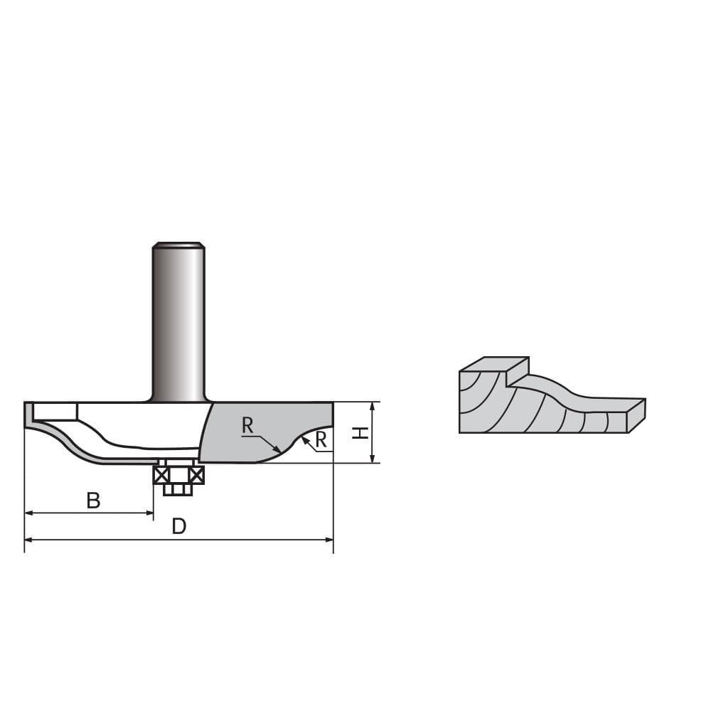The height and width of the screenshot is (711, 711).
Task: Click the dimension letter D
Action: [x=179, y=527]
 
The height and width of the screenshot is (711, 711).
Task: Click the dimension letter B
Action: [x=93, y=501]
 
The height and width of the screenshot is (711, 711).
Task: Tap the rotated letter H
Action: [x=362, y=432]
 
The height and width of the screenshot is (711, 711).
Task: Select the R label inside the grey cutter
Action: [x=247, y=426]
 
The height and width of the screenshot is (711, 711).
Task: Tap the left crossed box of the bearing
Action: [x=161, y=475]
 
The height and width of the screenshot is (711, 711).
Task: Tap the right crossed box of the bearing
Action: [x=196, y=475]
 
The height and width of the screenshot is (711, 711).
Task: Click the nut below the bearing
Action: [x=178, y=489]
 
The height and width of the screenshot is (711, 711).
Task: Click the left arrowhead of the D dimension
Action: [x=29, y=540]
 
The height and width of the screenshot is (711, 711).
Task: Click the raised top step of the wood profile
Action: [x=494, y=364]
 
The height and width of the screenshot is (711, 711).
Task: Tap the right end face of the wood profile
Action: [x=637, y=415]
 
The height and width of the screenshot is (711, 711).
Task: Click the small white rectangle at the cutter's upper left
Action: [x=55, y=411]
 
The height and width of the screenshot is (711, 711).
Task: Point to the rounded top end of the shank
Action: [x=178, y=246]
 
